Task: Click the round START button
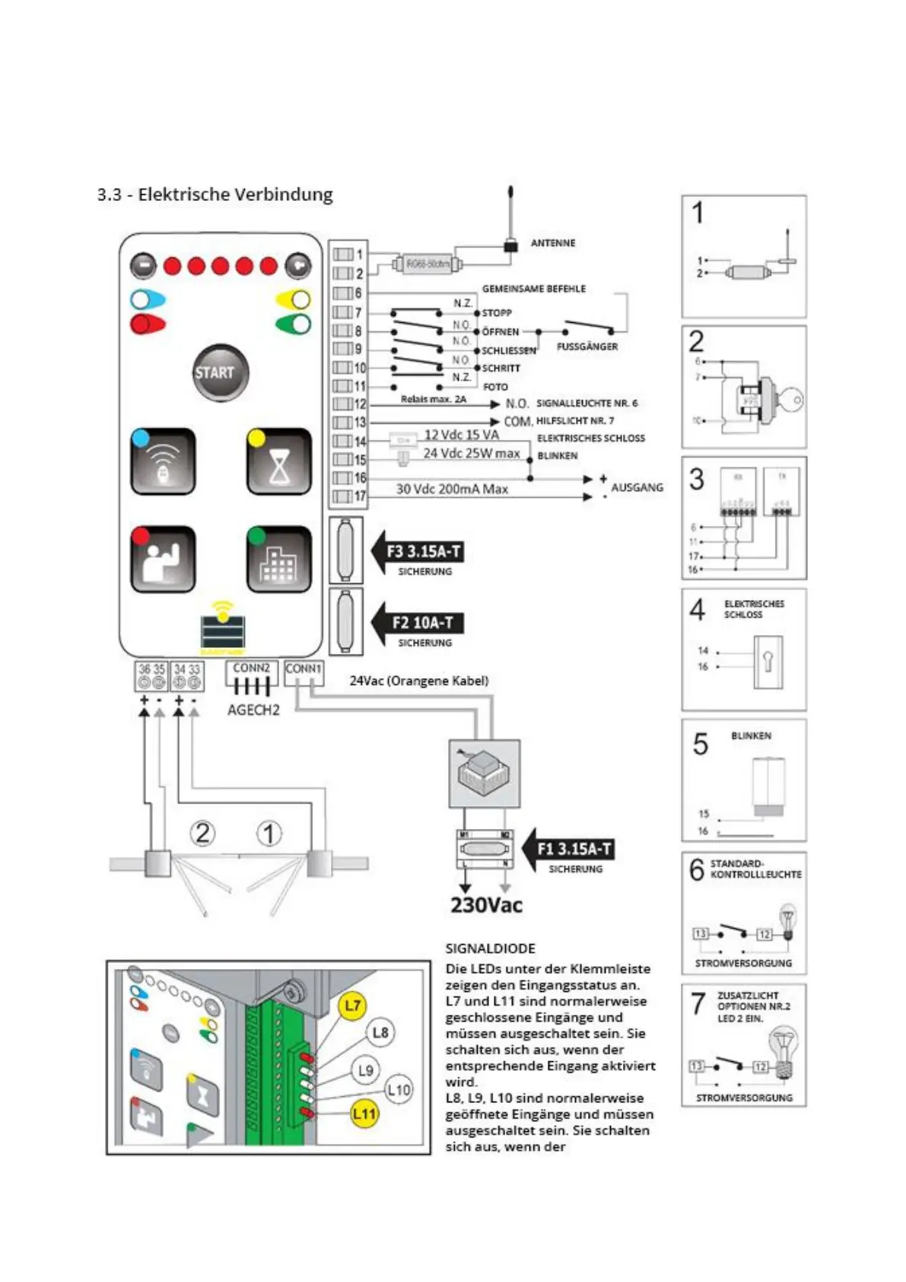click(220, 373)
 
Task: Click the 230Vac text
click(486, 904)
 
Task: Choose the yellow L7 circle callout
click(352, 1006)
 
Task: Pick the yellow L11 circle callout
click(364, 1114)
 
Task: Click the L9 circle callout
click(366, 1070)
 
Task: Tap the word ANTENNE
click(553, 243)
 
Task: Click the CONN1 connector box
click(304, 672)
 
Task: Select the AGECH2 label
click(253, 710)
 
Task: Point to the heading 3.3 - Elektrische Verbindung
click(215, 194)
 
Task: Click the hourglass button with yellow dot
click(278, 462)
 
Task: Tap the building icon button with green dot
click(278, 560)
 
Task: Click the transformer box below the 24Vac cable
click(485, 773)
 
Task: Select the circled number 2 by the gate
click(202, 833)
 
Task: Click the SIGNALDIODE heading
click(491, 949)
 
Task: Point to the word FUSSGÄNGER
click(587, 346)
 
